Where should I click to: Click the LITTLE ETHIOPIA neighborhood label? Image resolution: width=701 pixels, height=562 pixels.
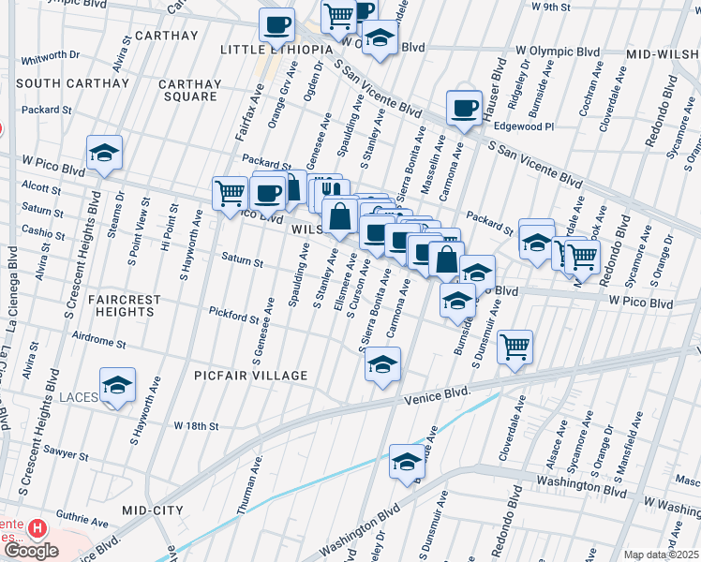(x=276, y=49)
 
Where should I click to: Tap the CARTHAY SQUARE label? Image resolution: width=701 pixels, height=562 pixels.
(x=192, y=90)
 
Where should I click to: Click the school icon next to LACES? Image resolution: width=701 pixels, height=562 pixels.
(x=118, y=386)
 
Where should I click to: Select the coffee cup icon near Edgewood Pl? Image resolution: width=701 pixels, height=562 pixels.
(x=463, y=109)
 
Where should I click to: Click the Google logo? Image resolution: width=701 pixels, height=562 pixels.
(x=31, y=551)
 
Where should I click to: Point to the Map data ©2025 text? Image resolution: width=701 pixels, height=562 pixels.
(x=662, y=555)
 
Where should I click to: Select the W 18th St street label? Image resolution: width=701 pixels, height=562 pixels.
(x=196, y=425)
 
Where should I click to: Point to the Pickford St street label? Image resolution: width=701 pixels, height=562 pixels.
(x=233, y=316)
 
